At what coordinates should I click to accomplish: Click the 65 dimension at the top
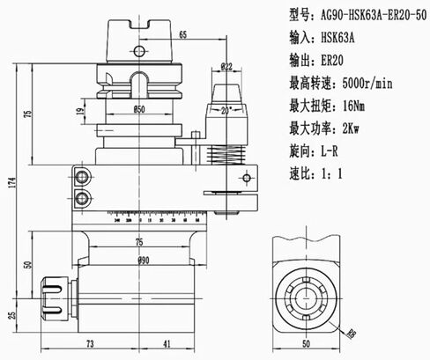(182, 34)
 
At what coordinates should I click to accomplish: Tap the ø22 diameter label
(226, 66)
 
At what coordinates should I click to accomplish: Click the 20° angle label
(228, 110)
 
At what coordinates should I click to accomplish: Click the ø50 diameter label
(138, 109)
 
